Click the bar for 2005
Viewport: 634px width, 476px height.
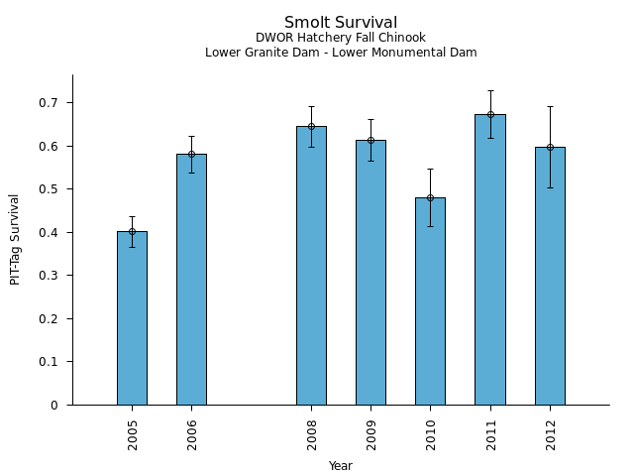pos(132,317)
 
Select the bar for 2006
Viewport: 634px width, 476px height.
pos(191,279)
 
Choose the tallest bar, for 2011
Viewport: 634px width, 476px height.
pos(489,259)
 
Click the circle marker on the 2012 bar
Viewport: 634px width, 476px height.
pos(550,147)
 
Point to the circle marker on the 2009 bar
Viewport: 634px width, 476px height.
pos(370,140)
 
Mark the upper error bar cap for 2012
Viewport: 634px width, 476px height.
pos(550,106)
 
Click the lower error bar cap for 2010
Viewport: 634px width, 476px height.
pos(430,226)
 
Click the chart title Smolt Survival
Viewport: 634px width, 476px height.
pos(341,23)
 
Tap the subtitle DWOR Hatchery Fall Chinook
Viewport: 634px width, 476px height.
pos(341,38)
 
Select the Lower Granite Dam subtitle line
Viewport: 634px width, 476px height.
pos(341,53)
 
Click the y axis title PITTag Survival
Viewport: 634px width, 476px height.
pos(16,239)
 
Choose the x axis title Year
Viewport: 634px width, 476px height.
pos(341,466)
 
